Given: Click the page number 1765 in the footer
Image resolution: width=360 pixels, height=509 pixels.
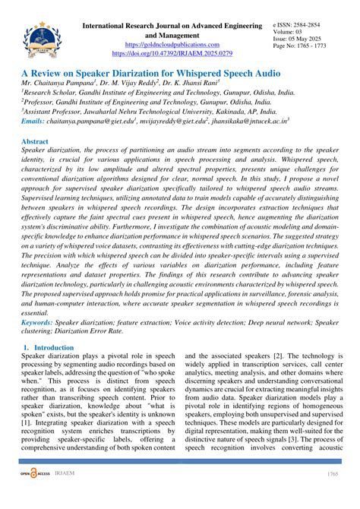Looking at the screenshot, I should point(331,495).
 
